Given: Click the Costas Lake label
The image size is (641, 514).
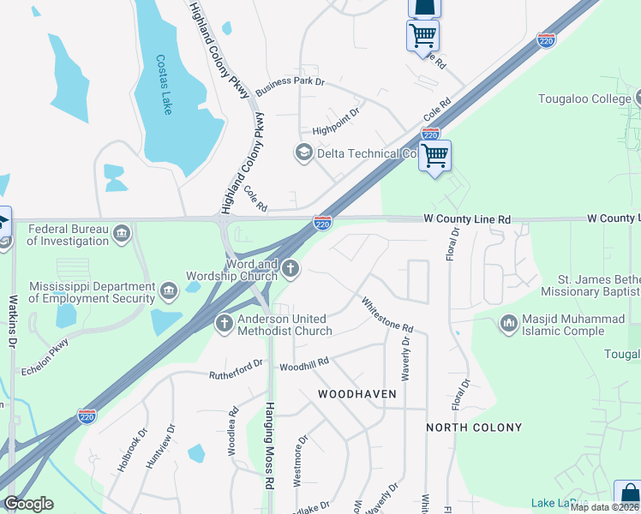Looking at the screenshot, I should click(x=163, y=85).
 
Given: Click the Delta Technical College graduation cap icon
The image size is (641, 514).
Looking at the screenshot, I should click(x=303, y=153).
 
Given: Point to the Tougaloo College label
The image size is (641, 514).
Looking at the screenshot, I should click(x=584, y=99).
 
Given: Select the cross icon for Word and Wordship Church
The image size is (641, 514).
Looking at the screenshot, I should click(x=291, y=270).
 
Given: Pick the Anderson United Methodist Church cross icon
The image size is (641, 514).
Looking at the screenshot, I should click(x=224, y=325).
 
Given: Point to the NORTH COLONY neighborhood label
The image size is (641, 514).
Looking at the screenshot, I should click(x=474, y=427).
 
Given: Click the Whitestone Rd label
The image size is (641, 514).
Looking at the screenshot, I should click(x=387, y=315).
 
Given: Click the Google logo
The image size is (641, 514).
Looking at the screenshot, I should click(x=28, y=503).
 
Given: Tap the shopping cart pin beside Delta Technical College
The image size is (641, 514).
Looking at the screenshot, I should click(x=435, y=156).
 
